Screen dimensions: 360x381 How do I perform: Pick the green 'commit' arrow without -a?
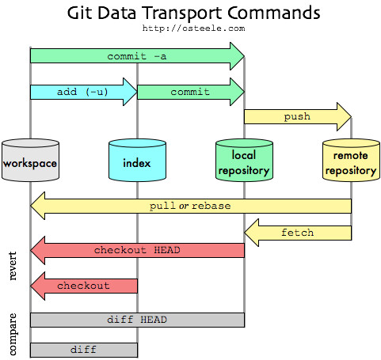190,92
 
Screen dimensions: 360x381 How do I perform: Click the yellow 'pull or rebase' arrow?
190,206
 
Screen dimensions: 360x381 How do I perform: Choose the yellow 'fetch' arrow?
297,233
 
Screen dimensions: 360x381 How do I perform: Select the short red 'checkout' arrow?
83,285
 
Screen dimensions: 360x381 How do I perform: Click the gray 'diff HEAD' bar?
136,320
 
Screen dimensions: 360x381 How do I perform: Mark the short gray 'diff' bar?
83,349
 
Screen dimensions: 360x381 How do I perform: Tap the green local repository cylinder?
243,161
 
